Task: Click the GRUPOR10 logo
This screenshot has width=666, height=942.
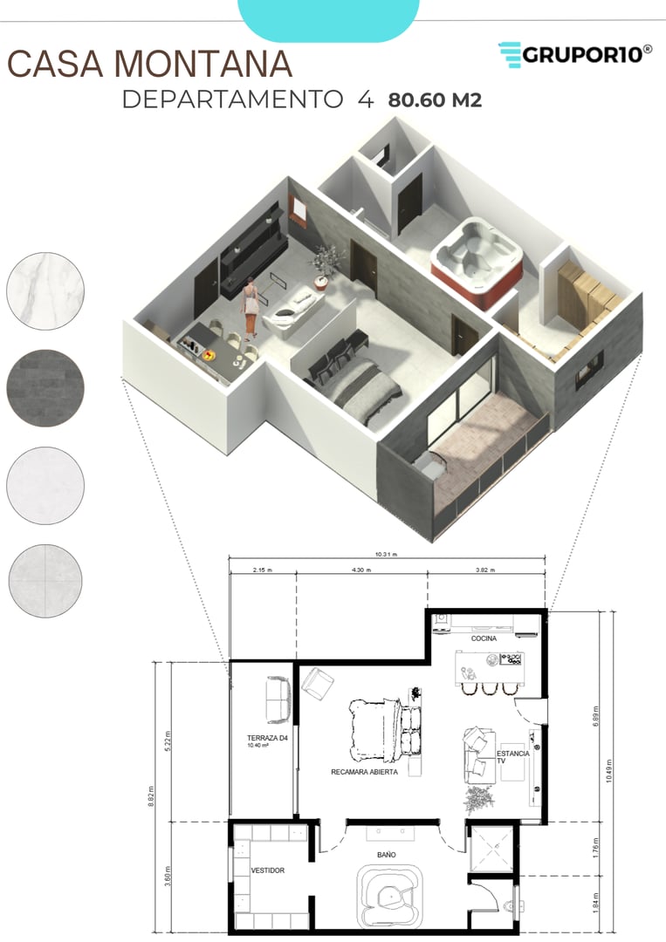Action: tap(575, 54)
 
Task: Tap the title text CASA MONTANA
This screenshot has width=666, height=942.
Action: tap(149, 65)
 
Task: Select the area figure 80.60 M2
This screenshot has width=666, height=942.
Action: tap(435, 99)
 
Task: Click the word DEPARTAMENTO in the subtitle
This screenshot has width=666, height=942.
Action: tap(232, 99)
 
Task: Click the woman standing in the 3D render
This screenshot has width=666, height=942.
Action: tap(251, 308)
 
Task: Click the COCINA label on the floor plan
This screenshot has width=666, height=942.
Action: tap(484, 638)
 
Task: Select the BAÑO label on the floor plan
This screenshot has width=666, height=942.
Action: tap(387, 855)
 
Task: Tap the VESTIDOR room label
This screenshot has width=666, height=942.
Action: tap(267, 870)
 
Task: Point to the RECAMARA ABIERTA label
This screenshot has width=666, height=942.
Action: tap(365, 772)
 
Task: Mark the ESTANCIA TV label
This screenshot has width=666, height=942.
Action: tap(512, 757)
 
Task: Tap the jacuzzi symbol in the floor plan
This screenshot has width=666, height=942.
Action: tap(388, 898)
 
